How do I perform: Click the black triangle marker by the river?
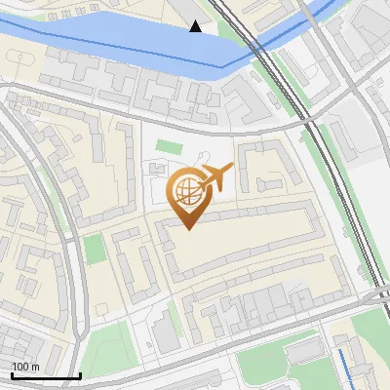pyautogui.click(x=197, y=26)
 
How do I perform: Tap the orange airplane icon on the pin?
pyautogui.click(x=216, y=179)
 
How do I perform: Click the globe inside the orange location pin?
pyautogui.click(x=186, y=189)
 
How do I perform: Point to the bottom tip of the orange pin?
pyautogui.click(x=186, y=227)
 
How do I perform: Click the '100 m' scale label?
pyautogui.click(x=25, y=367)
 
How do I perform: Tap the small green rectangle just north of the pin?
pyautogui.click(x=169, y=147)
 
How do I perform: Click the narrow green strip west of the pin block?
pyautogui.click(x=94, y=249)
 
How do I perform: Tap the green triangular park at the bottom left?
pyautogui.click(x=107, y=346)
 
